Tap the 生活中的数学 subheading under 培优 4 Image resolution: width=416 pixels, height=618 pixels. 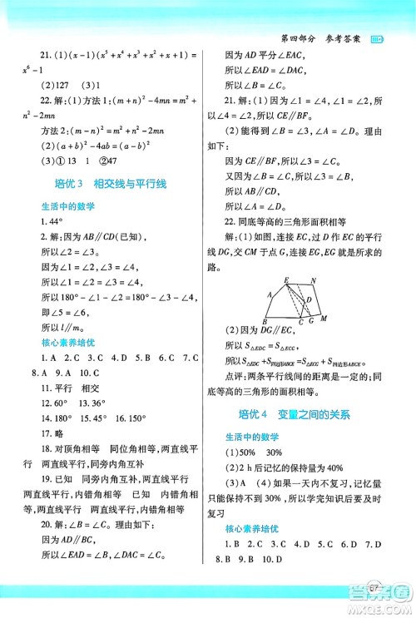(x=250, y=437)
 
